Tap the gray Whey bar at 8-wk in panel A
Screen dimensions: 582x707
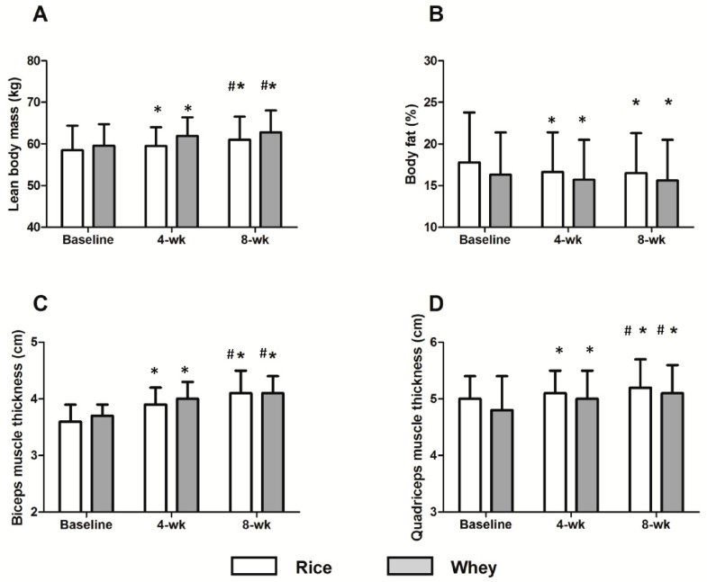[270, 180]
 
